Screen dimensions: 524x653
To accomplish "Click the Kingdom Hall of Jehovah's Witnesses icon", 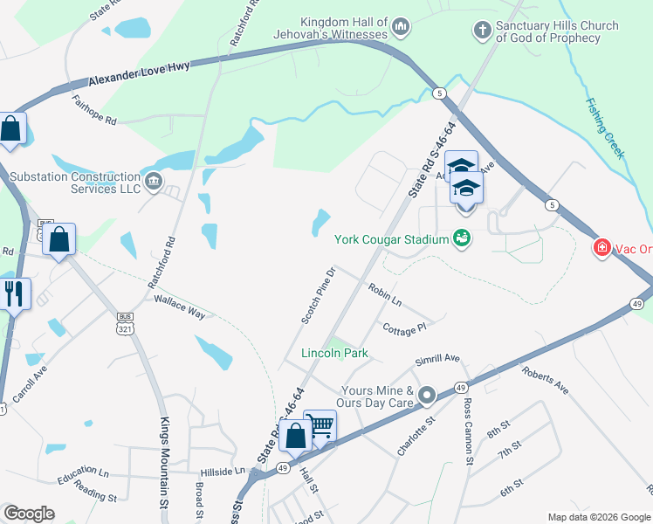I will (x=401, y=28).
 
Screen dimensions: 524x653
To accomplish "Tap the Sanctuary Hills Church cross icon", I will (x=481, y=31).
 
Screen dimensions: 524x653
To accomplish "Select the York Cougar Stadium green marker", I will (x=462, y=238).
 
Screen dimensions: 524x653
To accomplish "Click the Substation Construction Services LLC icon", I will (x=154, y=182).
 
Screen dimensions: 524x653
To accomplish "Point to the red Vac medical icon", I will (x=601, y=249).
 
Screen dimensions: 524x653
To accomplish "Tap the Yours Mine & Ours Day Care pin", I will (x=427, y=396).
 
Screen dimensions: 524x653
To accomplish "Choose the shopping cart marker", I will (x=320, y=426).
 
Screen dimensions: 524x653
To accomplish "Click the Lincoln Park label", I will (x=334, y=354).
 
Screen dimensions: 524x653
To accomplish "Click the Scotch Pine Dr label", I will (x=319, y=296).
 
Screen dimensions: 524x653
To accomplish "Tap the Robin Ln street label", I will (x=384, y=293).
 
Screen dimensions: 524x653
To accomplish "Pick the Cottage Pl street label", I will (x=404, y=327).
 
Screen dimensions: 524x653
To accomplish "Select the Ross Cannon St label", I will (x=468, y=432).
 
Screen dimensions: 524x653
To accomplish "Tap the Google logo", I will (x=30, y=514).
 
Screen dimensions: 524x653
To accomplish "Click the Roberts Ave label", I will (x=546, y=381).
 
